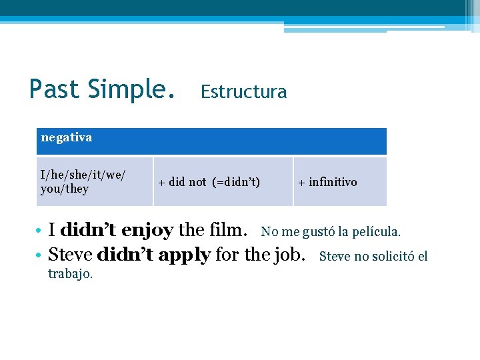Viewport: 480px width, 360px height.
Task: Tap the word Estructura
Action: click(243, 92)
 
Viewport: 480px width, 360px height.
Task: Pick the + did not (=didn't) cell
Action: click(223, 182)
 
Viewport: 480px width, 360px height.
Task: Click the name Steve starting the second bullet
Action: click(70, 255)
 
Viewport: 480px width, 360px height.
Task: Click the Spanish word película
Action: click(377, 232)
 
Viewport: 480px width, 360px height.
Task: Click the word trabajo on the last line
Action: click(70, 273)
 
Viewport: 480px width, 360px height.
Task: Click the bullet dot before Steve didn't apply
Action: click(41, 255)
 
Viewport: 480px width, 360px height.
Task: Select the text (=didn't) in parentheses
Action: click(236, 182)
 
